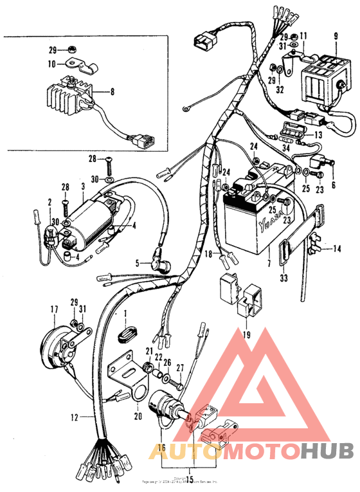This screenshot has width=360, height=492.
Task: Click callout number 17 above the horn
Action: [x=54, y=310]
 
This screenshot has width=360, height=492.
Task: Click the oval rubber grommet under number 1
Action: [x=127, y=337]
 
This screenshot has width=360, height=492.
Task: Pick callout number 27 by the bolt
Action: [x=181, y=368]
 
